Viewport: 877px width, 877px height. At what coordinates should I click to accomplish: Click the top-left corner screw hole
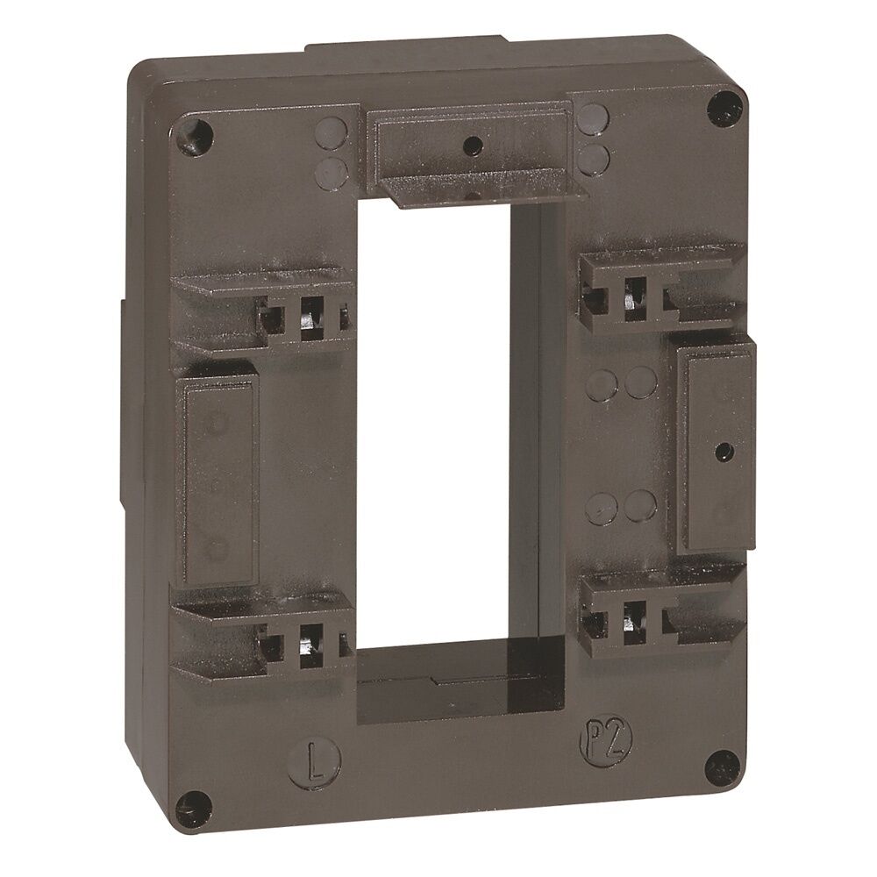tap(195, 133)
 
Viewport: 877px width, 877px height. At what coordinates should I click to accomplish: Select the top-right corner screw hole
tap(726, 108)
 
